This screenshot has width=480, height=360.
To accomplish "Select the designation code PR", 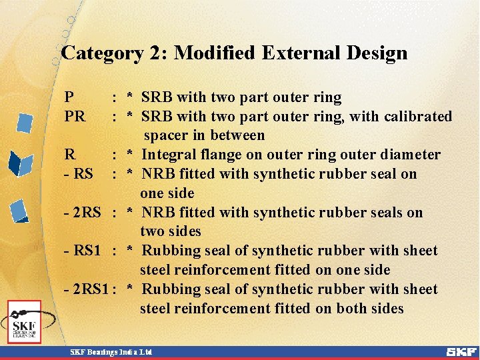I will click(x=75, y=117).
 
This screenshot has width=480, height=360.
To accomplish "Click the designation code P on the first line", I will click(x=69, y=97).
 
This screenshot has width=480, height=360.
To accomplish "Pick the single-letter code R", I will click(x=69, y=155).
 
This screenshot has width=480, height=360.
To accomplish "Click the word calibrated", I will click(x=418, y=117).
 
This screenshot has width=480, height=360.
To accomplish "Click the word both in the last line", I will click(x=348, y=309).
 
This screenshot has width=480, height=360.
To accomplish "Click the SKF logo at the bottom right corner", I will click(x=461, y=351).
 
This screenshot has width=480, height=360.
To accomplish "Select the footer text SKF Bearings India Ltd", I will click(x=111, y=351).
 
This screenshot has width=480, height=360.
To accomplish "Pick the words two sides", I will click(x=170, y=232).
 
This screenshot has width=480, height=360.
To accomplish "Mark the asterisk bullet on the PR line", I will click(x=131, y=117).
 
